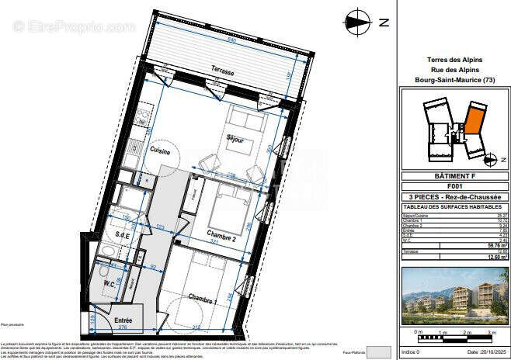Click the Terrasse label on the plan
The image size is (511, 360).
[x=222, y=71]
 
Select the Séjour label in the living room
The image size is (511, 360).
[x=235, y=140]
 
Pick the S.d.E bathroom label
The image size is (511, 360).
[x=122, y=234]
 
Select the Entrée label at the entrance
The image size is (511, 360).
[x=123, y=320]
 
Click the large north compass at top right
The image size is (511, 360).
[x=360, y=22]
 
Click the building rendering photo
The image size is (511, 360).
[x=454, y=296]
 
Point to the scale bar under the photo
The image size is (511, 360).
[x=454, y=336]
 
